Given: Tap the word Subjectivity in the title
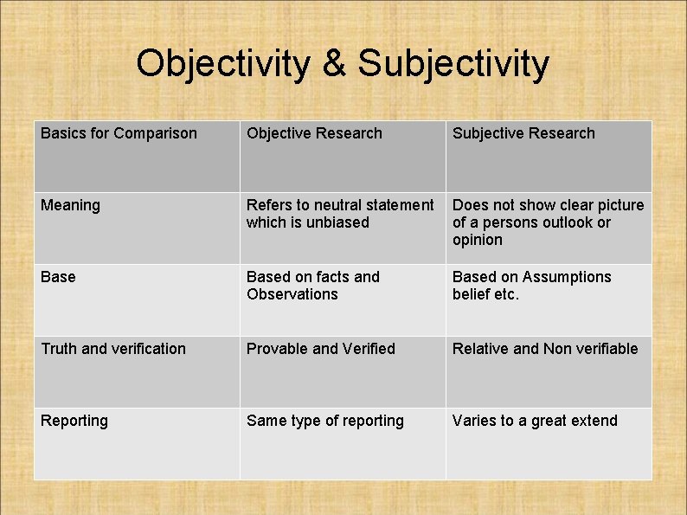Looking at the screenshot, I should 453,63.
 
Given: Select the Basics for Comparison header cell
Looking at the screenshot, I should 119,133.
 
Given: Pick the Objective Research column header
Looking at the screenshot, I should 314,133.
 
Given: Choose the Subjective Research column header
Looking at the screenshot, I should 523,133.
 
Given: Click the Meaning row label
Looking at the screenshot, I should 70,205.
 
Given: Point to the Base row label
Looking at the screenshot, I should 58,277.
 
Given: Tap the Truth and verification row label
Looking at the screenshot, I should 113,349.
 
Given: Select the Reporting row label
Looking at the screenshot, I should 74,421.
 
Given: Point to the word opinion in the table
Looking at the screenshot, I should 477,240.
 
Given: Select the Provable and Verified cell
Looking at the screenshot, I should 321,349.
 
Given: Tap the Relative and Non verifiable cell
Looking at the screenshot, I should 545,349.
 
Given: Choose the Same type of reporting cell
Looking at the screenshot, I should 325,421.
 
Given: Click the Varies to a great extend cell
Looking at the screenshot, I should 535,421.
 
